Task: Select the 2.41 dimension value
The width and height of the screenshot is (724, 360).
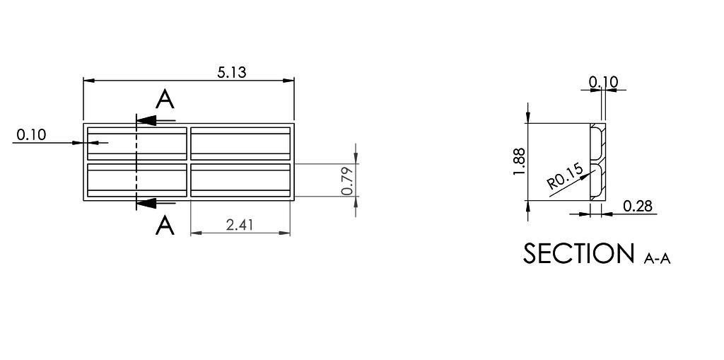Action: (240, 225)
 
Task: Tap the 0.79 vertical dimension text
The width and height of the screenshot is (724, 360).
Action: (346, 180)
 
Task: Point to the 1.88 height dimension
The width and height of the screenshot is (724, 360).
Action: (520, 161)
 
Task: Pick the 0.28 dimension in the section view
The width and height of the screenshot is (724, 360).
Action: (638, 206)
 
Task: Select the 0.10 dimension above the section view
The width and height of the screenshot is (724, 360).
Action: (603, 81)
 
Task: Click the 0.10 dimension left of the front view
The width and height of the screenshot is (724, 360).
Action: (30, 134)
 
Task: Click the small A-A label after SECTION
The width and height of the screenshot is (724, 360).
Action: (657, 260)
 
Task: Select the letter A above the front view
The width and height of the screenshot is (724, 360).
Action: (165, 100)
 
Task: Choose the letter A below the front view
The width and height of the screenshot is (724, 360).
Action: (165, 226)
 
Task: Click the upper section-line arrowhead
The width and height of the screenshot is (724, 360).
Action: (146, 120)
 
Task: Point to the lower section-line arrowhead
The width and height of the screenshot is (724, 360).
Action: (146, 204)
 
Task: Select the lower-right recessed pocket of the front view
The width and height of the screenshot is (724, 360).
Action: (240, 180)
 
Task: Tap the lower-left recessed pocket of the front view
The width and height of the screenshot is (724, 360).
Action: (136, 180)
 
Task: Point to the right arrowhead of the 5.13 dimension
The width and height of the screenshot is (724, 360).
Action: (289, 81)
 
